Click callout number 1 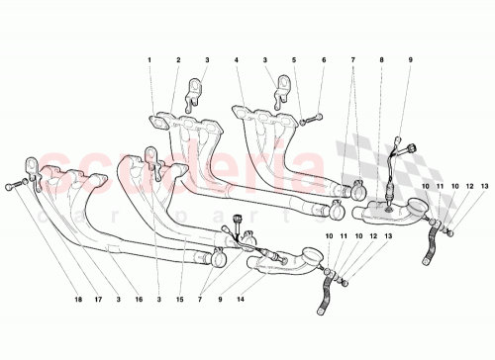tap(150, 61)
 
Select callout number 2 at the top tap(178, 61)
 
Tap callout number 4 tap(238, 61)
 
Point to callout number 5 tap(293, 61)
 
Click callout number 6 tap(323, 61)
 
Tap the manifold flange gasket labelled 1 tap(159, 124)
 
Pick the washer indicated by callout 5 tap(300, 120)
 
